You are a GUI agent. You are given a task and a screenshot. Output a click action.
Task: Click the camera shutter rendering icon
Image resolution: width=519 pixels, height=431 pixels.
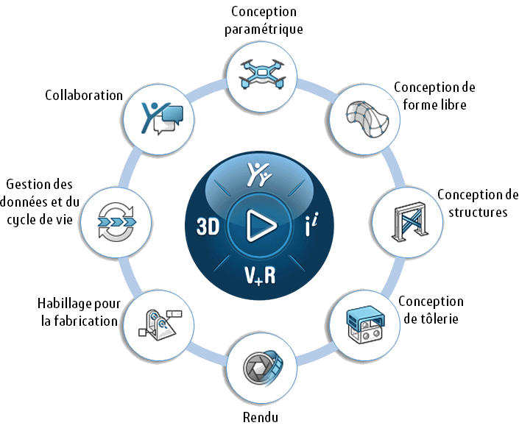262,368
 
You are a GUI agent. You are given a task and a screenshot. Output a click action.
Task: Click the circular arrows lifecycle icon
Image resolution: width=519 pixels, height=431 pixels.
118,220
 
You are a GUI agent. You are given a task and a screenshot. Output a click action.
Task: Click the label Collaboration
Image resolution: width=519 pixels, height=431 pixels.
84,95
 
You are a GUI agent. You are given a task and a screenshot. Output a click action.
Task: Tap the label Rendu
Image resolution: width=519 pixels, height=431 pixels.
260,418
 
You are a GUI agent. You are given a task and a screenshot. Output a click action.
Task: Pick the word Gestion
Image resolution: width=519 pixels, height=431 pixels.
25,184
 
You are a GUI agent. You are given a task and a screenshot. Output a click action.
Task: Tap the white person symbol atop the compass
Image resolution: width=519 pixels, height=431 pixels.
258,176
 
